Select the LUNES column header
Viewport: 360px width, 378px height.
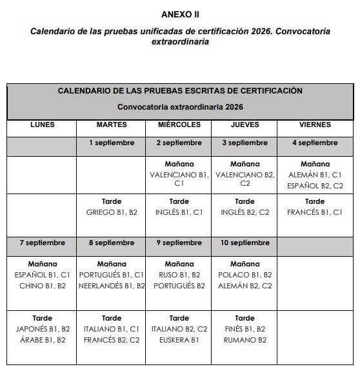pos(43,124)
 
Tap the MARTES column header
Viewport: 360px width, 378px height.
pos(112,124)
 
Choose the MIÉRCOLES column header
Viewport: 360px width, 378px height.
pos(179,124)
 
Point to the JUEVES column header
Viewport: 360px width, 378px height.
pos(245,124)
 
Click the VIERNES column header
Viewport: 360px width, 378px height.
pos(315,124)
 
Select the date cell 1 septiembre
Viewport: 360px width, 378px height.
pos(112,143)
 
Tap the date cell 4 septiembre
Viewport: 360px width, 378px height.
pos(315,143)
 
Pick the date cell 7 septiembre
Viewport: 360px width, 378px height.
pos(43,243)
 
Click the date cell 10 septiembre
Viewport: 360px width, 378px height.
pos(245,243)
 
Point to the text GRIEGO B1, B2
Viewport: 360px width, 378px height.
pos(112,212)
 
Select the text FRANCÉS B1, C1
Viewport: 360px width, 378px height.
pos(315,212)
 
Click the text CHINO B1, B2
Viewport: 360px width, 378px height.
pos(43,286)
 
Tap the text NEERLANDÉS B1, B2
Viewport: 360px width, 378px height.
pos(112,286)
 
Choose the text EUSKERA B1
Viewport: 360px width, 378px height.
pos(179,340)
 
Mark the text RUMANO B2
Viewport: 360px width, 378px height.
pos(245,340)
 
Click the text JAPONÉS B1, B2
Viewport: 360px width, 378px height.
pos(43,329)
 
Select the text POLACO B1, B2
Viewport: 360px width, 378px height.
pos(245,275)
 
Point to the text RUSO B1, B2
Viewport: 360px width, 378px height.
pos(179,275)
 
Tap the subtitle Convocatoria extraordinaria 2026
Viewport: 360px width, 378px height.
pos(180,106)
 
